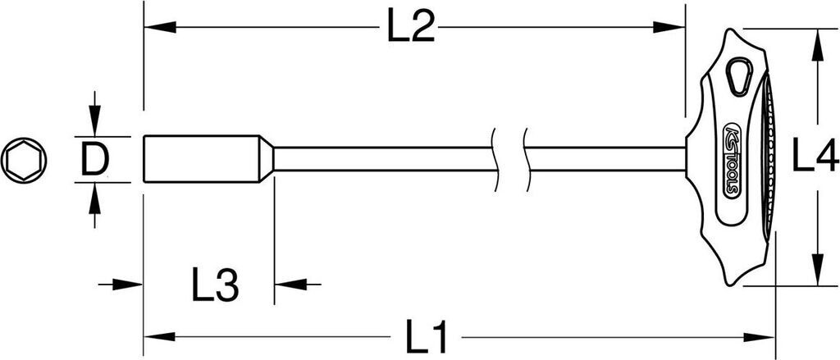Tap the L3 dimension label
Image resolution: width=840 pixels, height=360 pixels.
pos(215,286)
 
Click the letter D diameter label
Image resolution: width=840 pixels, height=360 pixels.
pos(95,160)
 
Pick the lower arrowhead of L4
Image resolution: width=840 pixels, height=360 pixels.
pos(816,271)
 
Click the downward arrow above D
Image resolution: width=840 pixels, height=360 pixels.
pos(95,123)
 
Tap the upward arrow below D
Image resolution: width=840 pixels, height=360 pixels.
pos(95,198)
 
